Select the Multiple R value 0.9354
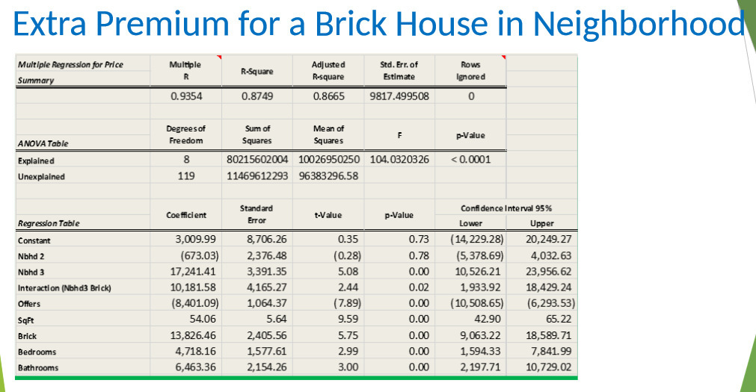185,96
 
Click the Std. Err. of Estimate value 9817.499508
399,96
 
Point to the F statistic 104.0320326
399,160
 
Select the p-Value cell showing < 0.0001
470,160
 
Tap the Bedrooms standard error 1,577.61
266,352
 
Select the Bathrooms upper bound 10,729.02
549,367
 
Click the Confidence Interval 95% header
508,208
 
